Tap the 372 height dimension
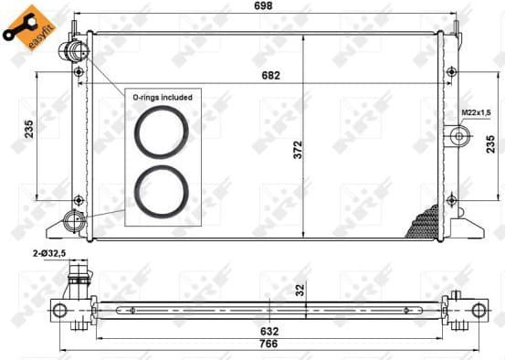coord(297,152)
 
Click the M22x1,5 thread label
coord(472,113)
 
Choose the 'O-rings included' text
coord(163,96)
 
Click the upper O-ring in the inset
coord(163,131)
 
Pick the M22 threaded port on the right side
coord(458,137)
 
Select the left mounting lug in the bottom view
coord(61,310)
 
